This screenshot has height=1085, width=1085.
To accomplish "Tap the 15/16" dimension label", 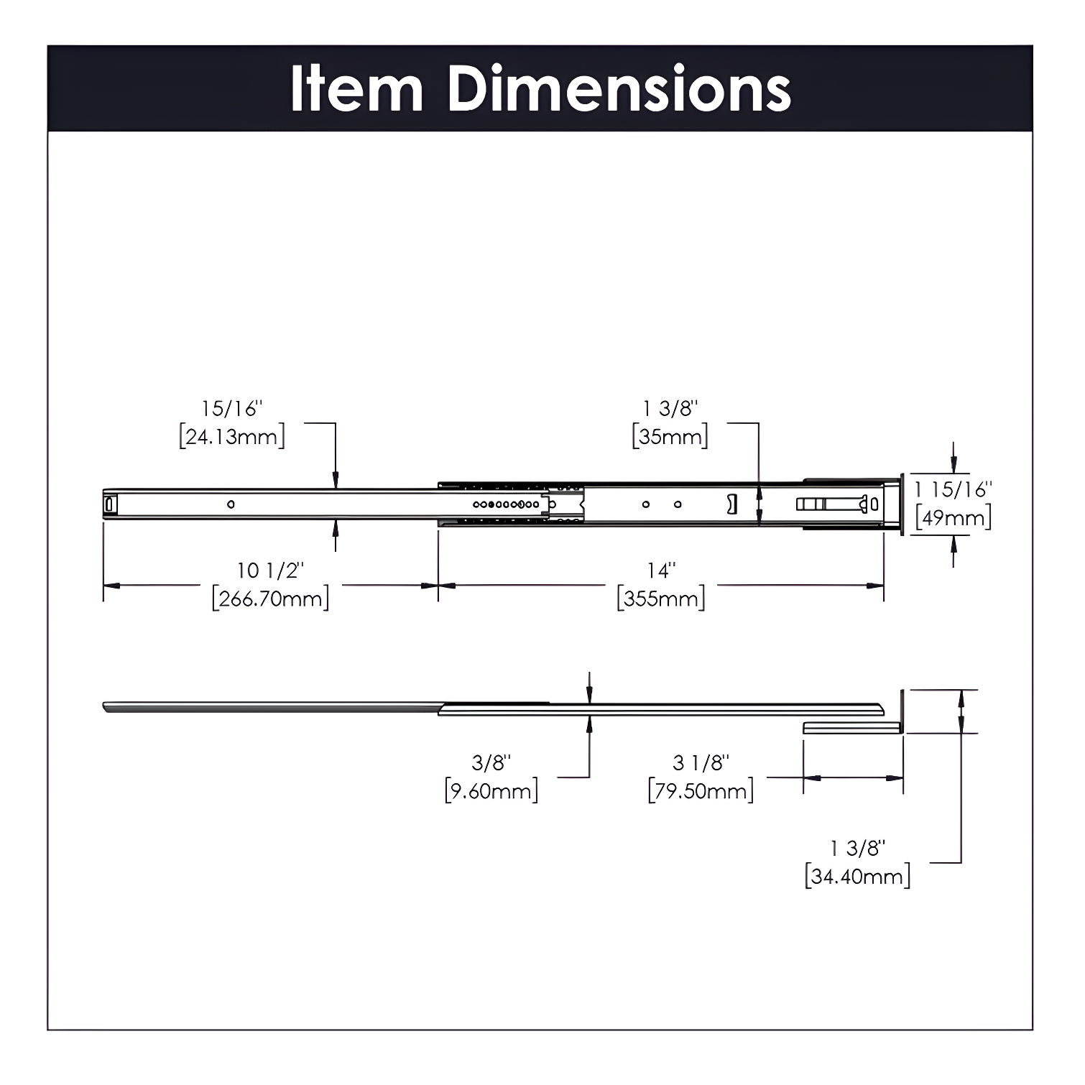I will click(x=231, y=409).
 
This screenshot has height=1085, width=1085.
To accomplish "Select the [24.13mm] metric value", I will click(x=231, y=437).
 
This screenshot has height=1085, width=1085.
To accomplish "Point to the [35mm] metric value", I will click(x=670, y=437).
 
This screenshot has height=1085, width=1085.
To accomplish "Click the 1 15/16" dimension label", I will click(x=953, y=489).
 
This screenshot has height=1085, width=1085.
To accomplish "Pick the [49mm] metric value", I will click(x=953, y=517).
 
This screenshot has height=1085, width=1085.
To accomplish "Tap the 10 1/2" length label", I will click(x=271, y=571).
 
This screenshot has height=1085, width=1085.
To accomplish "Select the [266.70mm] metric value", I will click(x=271, y=598).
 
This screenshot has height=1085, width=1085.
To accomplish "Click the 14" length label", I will click(x=661, y=571).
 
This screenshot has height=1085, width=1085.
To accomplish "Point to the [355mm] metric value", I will click(x=661, y=598).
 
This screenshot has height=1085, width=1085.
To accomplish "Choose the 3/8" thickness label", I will click(x=491, y=762).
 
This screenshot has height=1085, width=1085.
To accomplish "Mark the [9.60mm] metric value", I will click(x=491, y=791).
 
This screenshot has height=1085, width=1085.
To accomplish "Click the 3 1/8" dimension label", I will click(x=701, y=762).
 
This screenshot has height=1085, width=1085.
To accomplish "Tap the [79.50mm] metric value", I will click(x=701, y=791).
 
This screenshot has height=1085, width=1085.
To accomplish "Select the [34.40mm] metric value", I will click(x=857, y=877).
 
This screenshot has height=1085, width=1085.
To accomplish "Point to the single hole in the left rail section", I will click(x=231, y=504).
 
